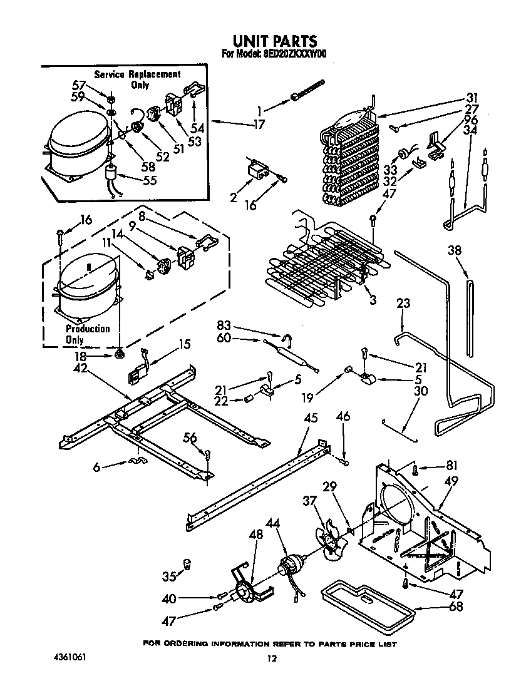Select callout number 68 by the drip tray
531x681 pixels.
456,606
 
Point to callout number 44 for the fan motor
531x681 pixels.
272,523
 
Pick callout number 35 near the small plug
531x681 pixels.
169,575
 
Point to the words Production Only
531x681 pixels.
87,334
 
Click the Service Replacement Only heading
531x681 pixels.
138,79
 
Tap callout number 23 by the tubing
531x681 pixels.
404,304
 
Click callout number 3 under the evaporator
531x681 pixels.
373,300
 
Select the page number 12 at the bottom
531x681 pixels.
271,658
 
